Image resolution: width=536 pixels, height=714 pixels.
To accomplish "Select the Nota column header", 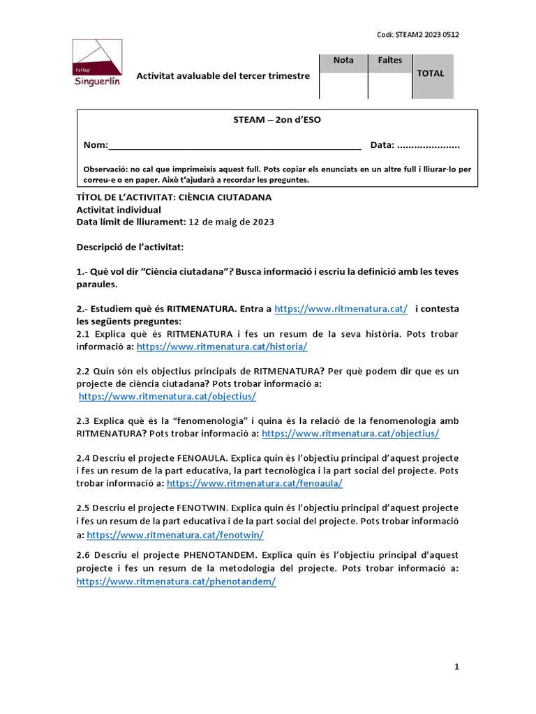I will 343,61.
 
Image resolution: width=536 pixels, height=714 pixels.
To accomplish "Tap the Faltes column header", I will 390,61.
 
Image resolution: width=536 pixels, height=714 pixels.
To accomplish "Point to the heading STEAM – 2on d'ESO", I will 277,120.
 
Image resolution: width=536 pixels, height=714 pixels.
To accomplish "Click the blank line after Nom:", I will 234,146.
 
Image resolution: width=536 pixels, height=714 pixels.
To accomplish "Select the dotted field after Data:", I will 428,146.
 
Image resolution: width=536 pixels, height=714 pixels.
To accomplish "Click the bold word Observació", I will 105,169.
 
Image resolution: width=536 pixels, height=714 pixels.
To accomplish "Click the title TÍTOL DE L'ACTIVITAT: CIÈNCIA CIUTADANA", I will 174,197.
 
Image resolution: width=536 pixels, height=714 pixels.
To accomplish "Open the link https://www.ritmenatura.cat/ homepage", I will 341,309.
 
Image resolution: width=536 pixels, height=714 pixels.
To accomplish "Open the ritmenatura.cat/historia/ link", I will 222,347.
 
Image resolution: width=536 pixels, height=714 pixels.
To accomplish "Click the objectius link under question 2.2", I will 167,396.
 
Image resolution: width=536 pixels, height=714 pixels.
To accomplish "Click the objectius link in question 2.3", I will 350,434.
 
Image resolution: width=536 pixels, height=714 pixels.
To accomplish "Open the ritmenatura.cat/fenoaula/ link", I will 255,483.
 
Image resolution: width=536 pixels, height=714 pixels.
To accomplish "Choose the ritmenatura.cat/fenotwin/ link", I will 175,535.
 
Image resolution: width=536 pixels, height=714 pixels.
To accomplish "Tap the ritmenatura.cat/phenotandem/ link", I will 176,582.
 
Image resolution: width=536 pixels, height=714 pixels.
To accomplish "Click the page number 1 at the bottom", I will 456,667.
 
